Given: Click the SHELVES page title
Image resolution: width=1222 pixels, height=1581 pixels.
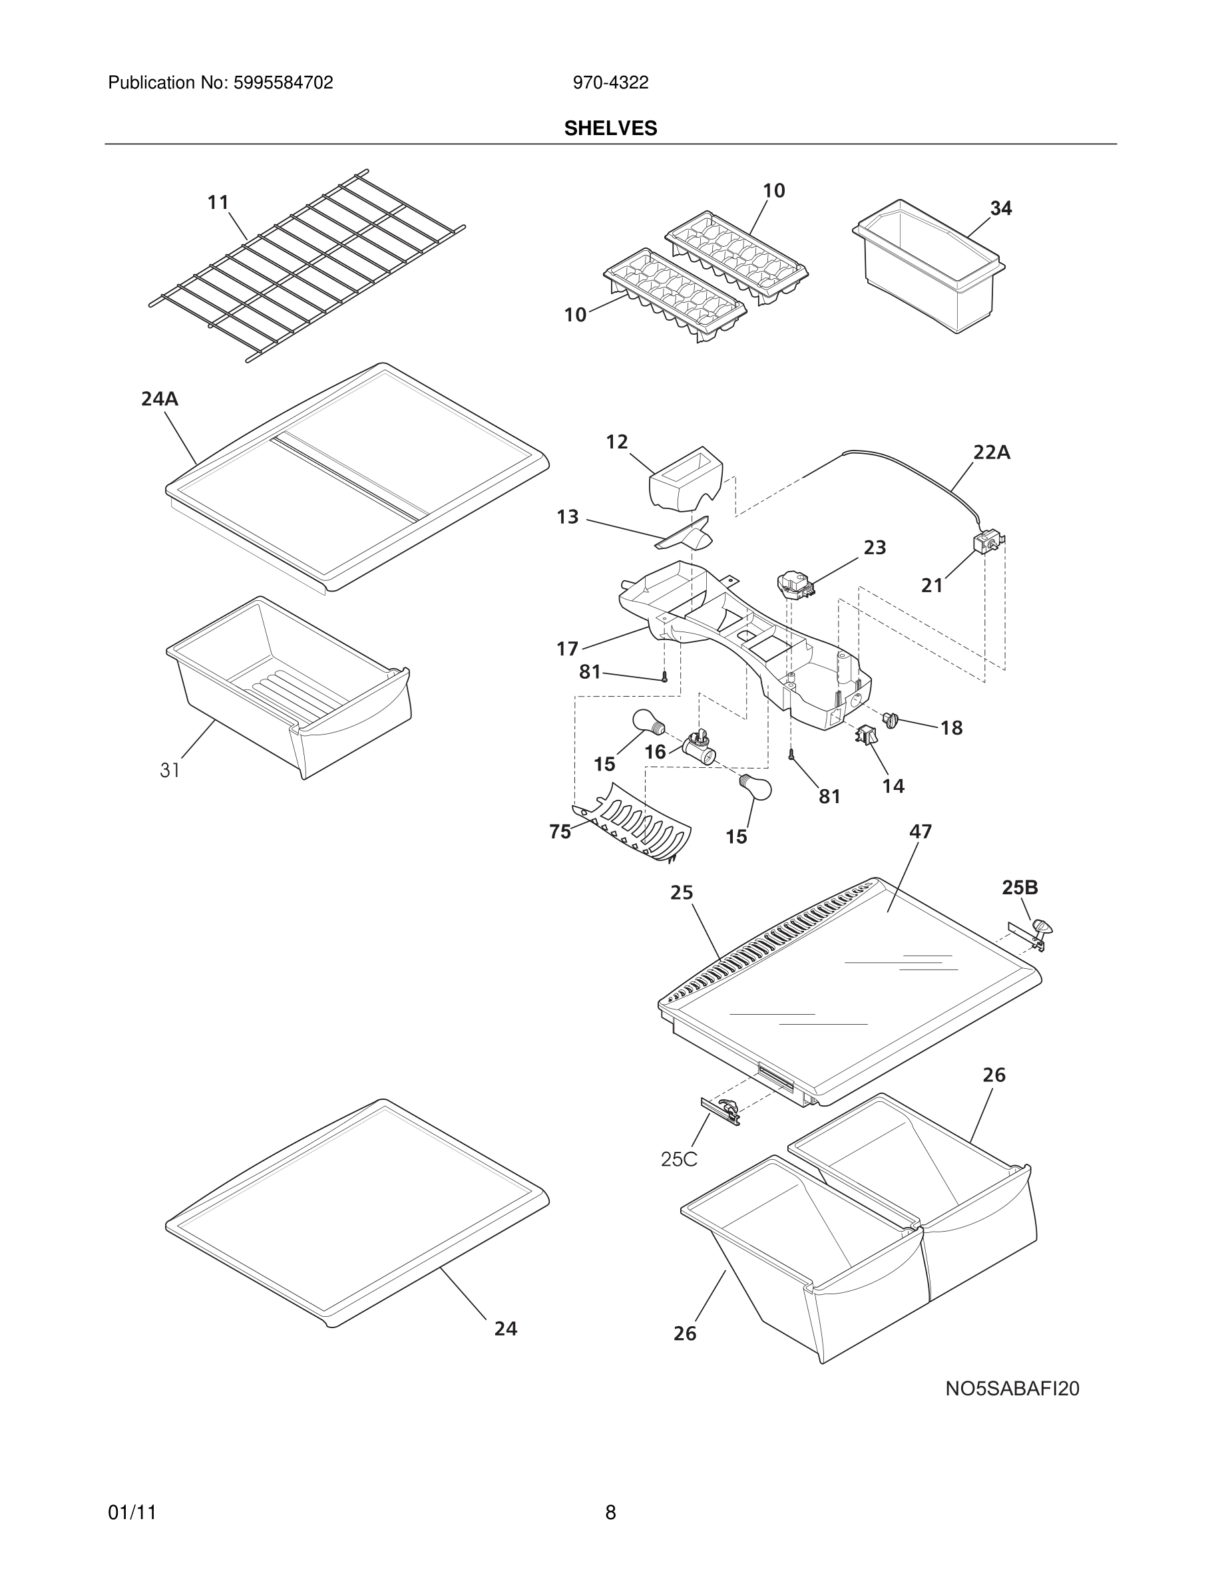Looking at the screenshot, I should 610,128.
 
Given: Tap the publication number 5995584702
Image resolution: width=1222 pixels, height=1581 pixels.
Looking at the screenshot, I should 283,83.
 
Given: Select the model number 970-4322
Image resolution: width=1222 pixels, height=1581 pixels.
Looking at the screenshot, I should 610,83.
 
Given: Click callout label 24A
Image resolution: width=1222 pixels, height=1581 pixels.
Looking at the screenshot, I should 159,399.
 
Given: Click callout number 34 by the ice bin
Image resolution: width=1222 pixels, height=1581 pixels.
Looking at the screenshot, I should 1000,208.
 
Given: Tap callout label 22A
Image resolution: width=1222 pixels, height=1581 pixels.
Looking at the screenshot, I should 991,452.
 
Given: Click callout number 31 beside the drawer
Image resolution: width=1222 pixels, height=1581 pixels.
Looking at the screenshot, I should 170,771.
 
